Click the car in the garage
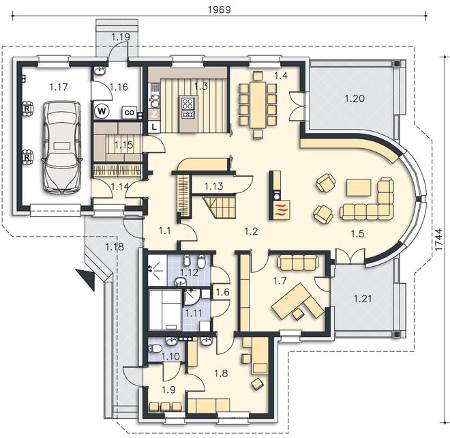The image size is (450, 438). [61, 147]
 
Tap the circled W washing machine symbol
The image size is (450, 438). [102, 111]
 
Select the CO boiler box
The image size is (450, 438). [130, 113]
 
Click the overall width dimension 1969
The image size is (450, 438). [220, 10]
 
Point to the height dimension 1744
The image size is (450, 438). [438, 240]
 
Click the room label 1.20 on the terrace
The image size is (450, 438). [355, 99]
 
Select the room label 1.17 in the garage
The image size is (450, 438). [58, 87]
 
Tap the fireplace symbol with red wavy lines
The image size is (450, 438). [281, 210]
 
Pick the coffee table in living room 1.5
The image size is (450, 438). [359, 187]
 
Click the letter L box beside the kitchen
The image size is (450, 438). [154, 127]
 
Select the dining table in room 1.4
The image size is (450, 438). [258, 105]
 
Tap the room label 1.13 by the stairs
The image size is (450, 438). [214, 186]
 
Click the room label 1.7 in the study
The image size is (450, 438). [280, 280]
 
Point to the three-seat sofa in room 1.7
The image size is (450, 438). [298, 263]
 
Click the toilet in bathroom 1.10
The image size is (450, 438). [154, 349]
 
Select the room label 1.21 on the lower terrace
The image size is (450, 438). [363, 299]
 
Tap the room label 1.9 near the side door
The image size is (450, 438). [168, 390]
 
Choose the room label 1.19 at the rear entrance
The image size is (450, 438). [121, 37]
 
